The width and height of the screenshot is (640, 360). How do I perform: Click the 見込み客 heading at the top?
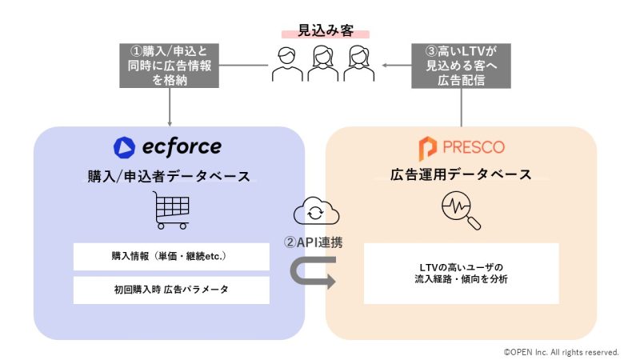[326, 30]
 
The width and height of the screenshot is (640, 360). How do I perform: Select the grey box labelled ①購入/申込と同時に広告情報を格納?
[169, 66]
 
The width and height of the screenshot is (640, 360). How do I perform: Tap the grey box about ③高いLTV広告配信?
[461, 66]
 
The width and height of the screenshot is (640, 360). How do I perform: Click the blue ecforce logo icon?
[124, 147]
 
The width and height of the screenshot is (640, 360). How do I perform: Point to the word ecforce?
[182, 147]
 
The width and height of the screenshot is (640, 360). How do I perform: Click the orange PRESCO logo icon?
[427, 148]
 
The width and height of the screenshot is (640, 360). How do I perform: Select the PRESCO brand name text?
[474, 147]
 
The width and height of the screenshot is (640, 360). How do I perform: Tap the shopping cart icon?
[171, 210]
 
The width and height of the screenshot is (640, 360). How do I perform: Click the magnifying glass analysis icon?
[461, 210]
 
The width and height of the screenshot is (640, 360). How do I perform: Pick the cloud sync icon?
[316, 210]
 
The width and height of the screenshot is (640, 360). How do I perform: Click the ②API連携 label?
[314, 242]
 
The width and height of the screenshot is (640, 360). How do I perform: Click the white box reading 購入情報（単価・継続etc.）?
[171, 256]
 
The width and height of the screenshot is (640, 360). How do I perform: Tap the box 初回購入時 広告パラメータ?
[171, 290]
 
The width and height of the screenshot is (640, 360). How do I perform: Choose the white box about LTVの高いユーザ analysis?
[462, 274]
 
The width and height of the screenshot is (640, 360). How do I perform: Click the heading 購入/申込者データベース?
[169, 176]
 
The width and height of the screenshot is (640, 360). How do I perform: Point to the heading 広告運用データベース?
[462, 174]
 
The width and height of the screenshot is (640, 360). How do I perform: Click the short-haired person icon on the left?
[287, 64]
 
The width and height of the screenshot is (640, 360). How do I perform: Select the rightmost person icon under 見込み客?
[358, 64]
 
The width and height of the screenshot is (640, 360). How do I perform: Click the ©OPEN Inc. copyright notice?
[562, 352]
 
